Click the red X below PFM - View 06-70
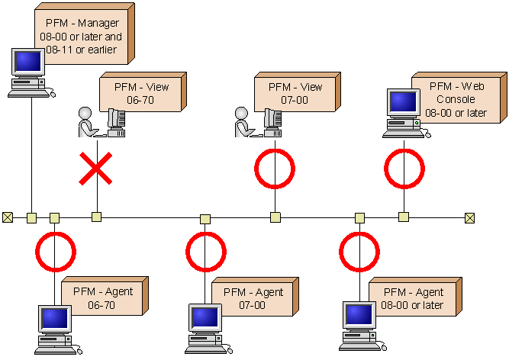coord(96,168)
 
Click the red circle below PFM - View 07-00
coord(274,169)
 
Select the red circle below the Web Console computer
coord(404,169)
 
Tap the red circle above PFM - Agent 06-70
coord(55,251)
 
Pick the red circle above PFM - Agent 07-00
coord(205,251)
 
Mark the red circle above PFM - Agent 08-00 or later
coord(359,251)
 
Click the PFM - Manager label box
coord(84,37)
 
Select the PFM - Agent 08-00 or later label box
coord(413,298)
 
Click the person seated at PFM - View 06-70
coord(87,122)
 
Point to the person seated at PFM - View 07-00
coord(244,122)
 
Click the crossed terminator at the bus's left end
coord(8,218)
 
